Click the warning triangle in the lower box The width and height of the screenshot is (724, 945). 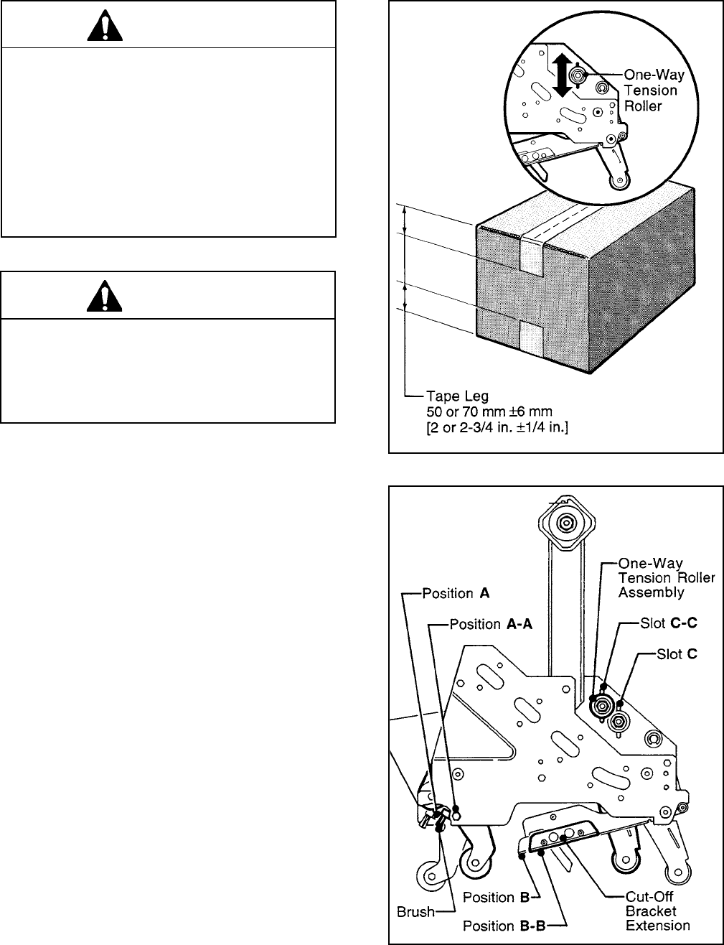tap(104, 297)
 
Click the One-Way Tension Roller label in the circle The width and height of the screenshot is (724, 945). tap(654, 90)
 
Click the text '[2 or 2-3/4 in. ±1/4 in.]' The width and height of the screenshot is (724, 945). tap(497, 427)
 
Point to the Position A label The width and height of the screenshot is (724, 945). tap(456, 593)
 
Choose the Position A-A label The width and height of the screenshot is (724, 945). tap(491, 624)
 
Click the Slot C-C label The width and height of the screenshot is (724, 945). tap(668, 623)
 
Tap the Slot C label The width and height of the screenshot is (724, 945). tap(677, 653)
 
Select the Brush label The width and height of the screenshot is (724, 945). tap(415, 911)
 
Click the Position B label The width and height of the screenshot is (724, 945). tap(496, 897)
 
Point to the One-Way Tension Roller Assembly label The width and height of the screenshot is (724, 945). tap(666, 578)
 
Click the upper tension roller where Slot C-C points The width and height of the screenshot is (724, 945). tap(601, 705)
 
